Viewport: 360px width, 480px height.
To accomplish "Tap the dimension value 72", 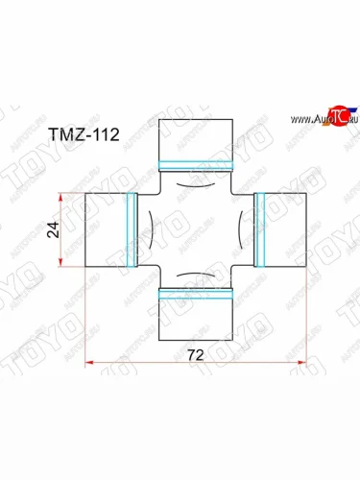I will (x=196, y=353).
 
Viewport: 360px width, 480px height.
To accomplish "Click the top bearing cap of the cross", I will (x=196, y=138).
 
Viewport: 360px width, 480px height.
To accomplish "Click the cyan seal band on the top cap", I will (x=196, y=163).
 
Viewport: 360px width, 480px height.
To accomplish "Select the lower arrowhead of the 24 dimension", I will (x=65, y=264).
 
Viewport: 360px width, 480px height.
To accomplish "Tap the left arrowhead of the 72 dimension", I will (x=90, y=362).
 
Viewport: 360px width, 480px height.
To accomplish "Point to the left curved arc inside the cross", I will (x=156, y=230).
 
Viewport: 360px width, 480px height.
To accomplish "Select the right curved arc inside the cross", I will (x=235, y=230).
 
